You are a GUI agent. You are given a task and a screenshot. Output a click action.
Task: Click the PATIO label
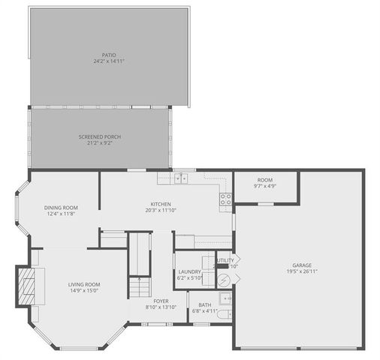pyautogui.click(x=109, y=55)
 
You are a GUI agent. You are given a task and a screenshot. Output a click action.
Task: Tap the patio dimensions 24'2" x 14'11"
pyautogui.click(x=109, y=61)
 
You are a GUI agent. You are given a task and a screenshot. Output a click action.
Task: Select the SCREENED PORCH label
pyautogui.click(x=100, y=136)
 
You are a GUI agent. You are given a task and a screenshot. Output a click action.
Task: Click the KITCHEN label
pyautogui.click(x=160, y=204)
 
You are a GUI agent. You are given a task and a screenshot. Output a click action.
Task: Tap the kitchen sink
pyautogui.click(x=181, y=178)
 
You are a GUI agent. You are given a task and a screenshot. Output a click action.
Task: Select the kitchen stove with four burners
pyautogui.click(x=225, y=199)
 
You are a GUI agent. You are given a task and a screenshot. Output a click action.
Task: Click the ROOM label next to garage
pyautogui.click(x=264, y=180)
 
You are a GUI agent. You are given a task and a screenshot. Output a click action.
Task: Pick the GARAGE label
pyautogui.click(x=302, y=265)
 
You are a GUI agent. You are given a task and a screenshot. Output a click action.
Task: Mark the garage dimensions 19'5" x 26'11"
pyautogui.click(x=302, y=271)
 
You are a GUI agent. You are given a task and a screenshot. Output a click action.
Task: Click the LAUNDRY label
pyautogui.click(x=188, y=272)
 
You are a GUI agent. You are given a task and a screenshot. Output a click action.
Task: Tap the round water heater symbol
pyautogui.click(x=223, y=279)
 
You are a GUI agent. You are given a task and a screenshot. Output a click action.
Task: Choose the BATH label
pyautogui.click(x=205, y=304)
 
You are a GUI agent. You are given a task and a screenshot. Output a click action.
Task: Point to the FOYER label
pyautogui.click(x=161, y=301)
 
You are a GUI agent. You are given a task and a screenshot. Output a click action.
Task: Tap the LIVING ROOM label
pyautogui.click(x=84, y=284)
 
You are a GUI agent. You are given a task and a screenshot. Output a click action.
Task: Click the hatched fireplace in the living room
pyautogui.click(x=28, y=285)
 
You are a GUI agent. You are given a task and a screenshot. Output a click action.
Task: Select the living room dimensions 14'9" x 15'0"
pyautogui.click(x=84, y=290)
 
